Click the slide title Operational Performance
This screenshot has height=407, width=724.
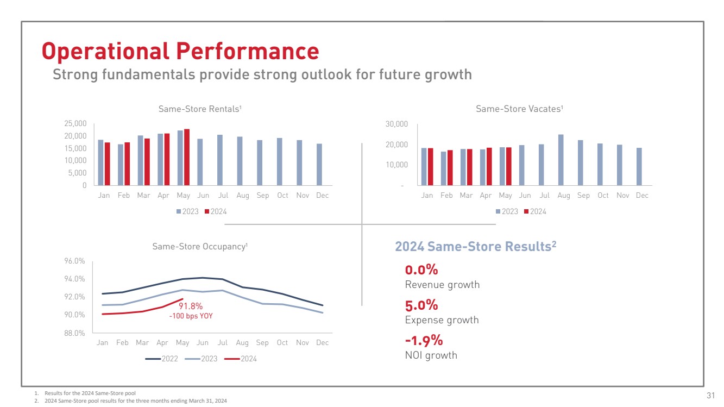[x=180, y=51]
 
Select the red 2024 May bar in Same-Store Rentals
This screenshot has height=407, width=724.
[x=187, y=157]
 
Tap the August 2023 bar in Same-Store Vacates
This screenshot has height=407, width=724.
[x=561, y=160]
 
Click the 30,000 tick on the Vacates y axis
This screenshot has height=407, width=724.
[x=397, y=124]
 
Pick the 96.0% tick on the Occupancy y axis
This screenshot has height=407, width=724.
[x=74, y=261]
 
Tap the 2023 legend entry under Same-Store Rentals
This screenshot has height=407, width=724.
[x=187, y=211]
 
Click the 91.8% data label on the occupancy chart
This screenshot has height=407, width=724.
[x=191, y=306]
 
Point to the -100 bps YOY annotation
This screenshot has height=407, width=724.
[x=191, y=316]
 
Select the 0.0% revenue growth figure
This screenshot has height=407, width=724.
[x=421, y=270]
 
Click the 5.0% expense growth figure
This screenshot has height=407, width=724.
[x=421, y=305]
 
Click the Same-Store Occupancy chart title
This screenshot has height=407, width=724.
[x=200, y=247]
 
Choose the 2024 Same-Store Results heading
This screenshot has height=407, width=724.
[x=475, y=247]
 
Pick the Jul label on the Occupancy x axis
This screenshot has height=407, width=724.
[x=222, y=343]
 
